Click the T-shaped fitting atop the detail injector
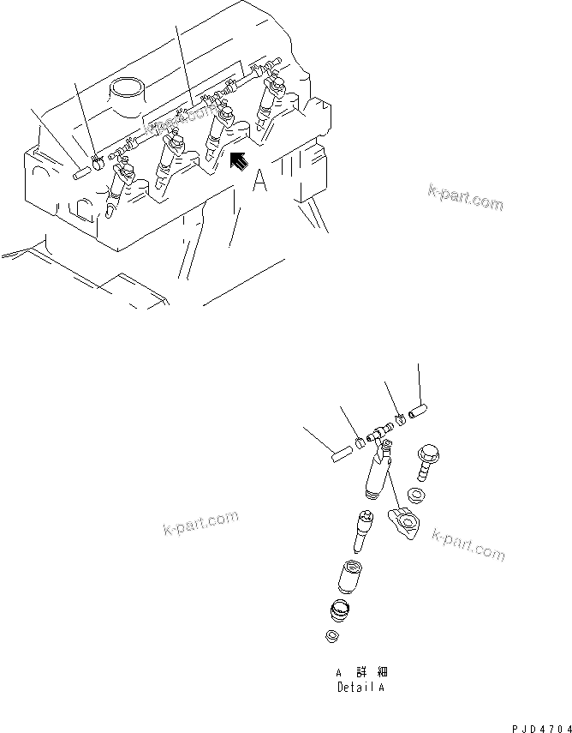point(378,435)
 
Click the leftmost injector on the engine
point(119,189)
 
